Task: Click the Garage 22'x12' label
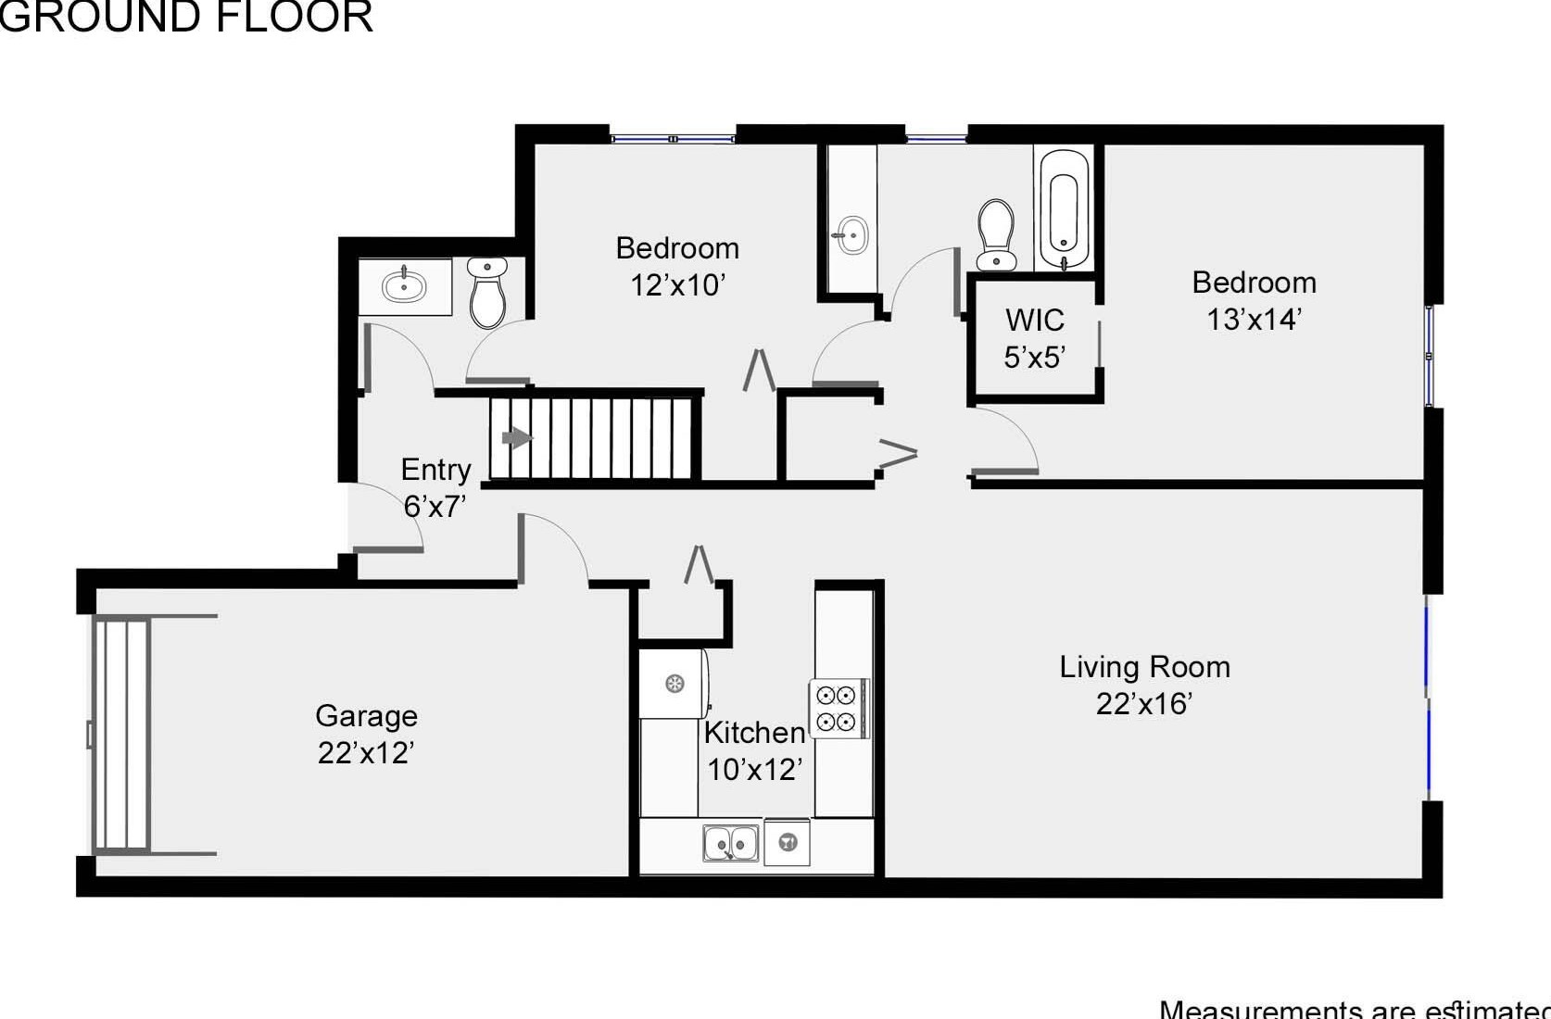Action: [x=366, y=734]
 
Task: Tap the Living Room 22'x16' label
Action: [x=1144, y=685]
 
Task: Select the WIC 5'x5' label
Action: [x=1034, y=338]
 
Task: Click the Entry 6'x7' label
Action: [x=435, y=487]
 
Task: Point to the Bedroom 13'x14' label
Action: [x=1254, y=300]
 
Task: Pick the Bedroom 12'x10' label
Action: [x=677, y=266]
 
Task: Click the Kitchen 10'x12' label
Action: [x=754, y=750]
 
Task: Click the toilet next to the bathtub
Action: [x=996, y=234]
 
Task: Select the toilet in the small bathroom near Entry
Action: [x=487, y=292]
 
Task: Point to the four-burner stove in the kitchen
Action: [x=837, y=708]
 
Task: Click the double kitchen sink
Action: [x=730, y=844]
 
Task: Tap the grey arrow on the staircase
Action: [x=516, y=437]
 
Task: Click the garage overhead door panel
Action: [x=122, y=734]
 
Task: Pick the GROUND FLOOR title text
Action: [x=185, y=17]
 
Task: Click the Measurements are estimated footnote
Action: [x=1353, y=1008]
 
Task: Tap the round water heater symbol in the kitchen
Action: [x=675, y=685]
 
